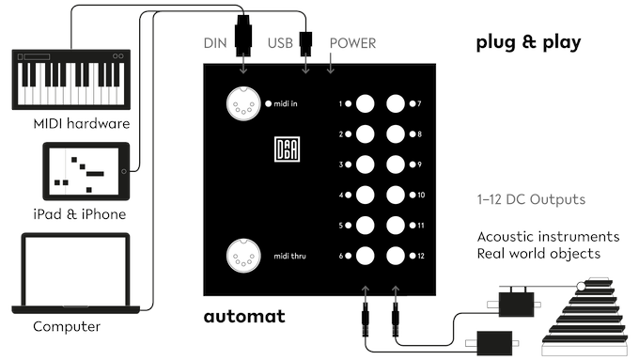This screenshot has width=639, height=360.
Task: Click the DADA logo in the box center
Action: click(285, 151)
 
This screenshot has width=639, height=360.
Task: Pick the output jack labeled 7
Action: click(396, 104)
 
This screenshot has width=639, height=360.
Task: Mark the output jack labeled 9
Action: click(396, 165)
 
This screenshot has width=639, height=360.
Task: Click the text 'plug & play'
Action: click(528, 42)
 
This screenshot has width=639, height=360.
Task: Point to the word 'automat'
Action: click(244, 316)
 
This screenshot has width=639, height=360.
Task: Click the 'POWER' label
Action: click(352, 43)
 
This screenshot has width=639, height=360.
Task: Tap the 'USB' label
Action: click(281, 43)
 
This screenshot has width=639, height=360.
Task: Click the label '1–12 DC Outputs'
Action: click(531, 200)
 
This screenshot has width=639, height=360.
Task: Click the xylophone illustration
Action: click(591, 314)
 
